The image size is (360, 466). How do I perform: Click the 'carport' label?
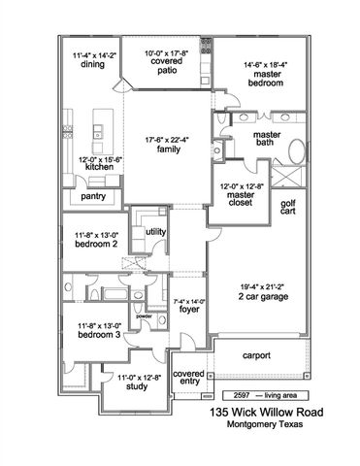(255, 354)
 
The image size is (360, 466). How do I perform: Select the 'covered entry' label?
(189, 379)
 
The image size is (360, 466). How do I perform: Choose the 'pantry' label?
(94, 197)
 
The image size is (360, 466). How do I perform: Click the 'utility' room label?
(156, 232)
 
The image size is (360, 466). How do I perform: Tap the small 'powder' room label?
(144, 316)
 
